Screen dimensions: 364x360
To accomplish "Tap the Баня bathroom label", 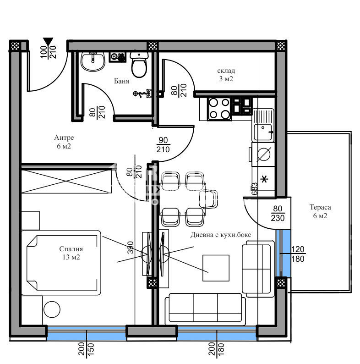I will [x=121, y=81].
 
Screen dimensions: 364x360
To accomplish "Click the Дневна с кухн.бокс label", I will [x=221, y=235].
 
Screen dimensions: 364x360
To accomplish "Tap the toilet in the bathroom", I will [x=139, y=65].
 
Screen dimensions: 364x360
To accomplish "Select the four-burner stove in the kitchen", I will [x=219, y=109].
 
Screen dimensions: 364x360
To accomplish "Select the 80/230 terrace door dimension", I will [x=278, y=214].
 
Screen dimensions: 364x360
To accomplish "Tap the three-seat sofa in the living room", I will [x=204, y=308].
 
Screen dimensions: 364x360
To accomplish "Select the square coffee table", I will [x=216, y=266].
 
